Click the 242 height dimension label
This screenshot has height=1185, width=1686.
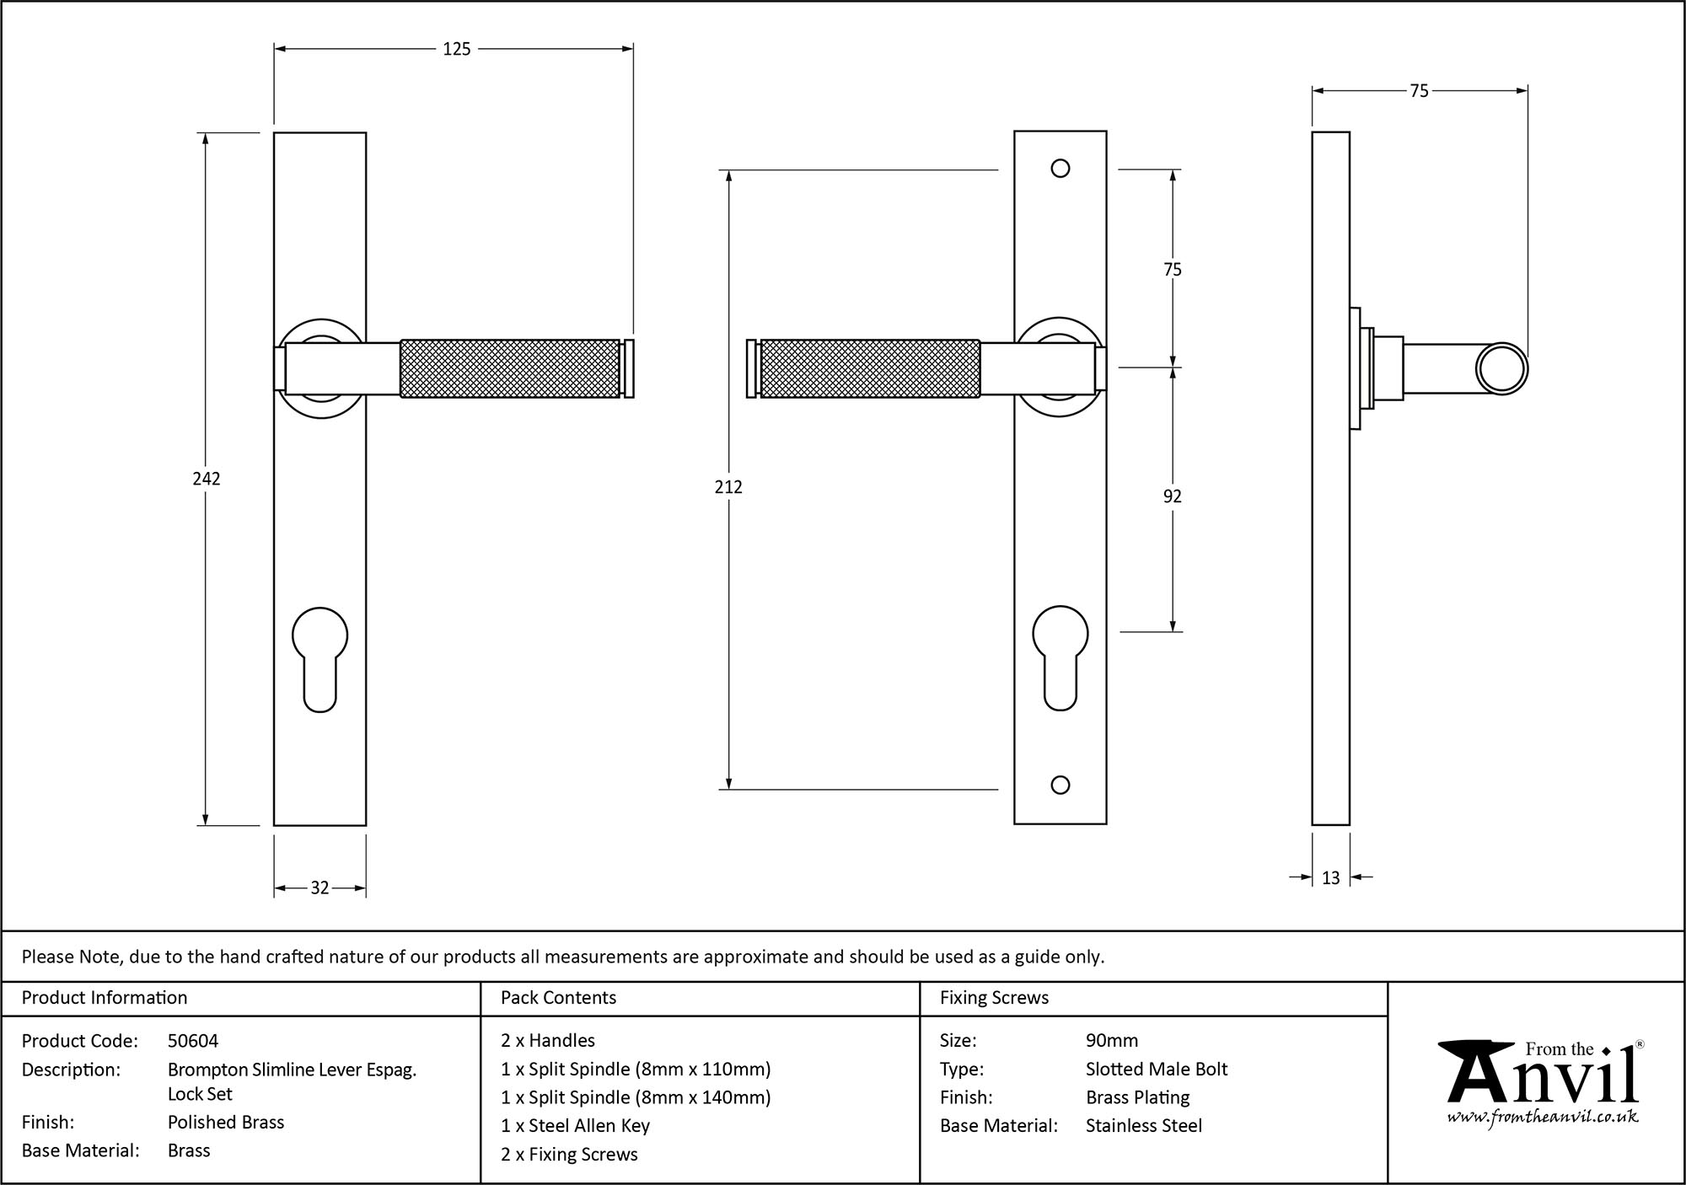coord(207,479)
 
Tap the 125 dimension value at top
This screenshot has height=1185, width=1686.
coord(456,50)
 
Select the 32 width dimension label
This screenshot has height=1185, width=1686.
coord(319,887)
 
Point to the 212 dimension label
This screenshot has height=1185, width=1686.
coord(728,487)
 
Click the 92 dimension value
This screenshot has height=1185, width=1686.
coord(1172,496)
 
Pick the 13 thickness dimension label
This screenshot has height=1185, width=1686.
coord(1330,878)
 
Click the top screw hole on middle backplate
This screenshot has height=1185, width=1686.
coord(1060,169)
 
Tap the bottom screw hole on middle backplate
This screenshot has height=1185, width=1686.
coord(1060,786)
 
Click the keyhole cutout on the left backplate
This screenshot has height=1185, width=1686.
coord(319,657)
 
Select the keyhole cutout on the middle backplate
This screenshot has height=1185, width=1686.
coord(1060,657)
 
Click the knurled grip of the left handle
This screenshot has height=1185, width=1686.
coord(510,368)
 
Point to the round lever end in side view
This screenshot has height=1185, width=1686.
coord(1502,368)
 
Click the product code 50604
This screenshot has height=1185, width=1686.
coord(193,1041)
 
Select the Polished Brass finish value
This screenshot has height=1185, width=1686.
coord(226,1122)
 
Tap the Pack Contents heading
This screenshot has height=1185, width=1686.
coord(558,998)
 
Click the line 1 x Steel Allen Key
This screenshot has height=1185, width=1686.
coord(575,1126)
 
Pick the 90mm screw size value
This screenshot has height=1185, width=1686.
coord(1112,1041)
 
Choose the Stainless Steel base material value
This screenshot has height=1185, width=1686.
coord(1144,1126)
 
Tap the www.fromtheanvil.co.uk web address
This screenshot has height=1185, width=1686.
coord(1543,1118)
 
